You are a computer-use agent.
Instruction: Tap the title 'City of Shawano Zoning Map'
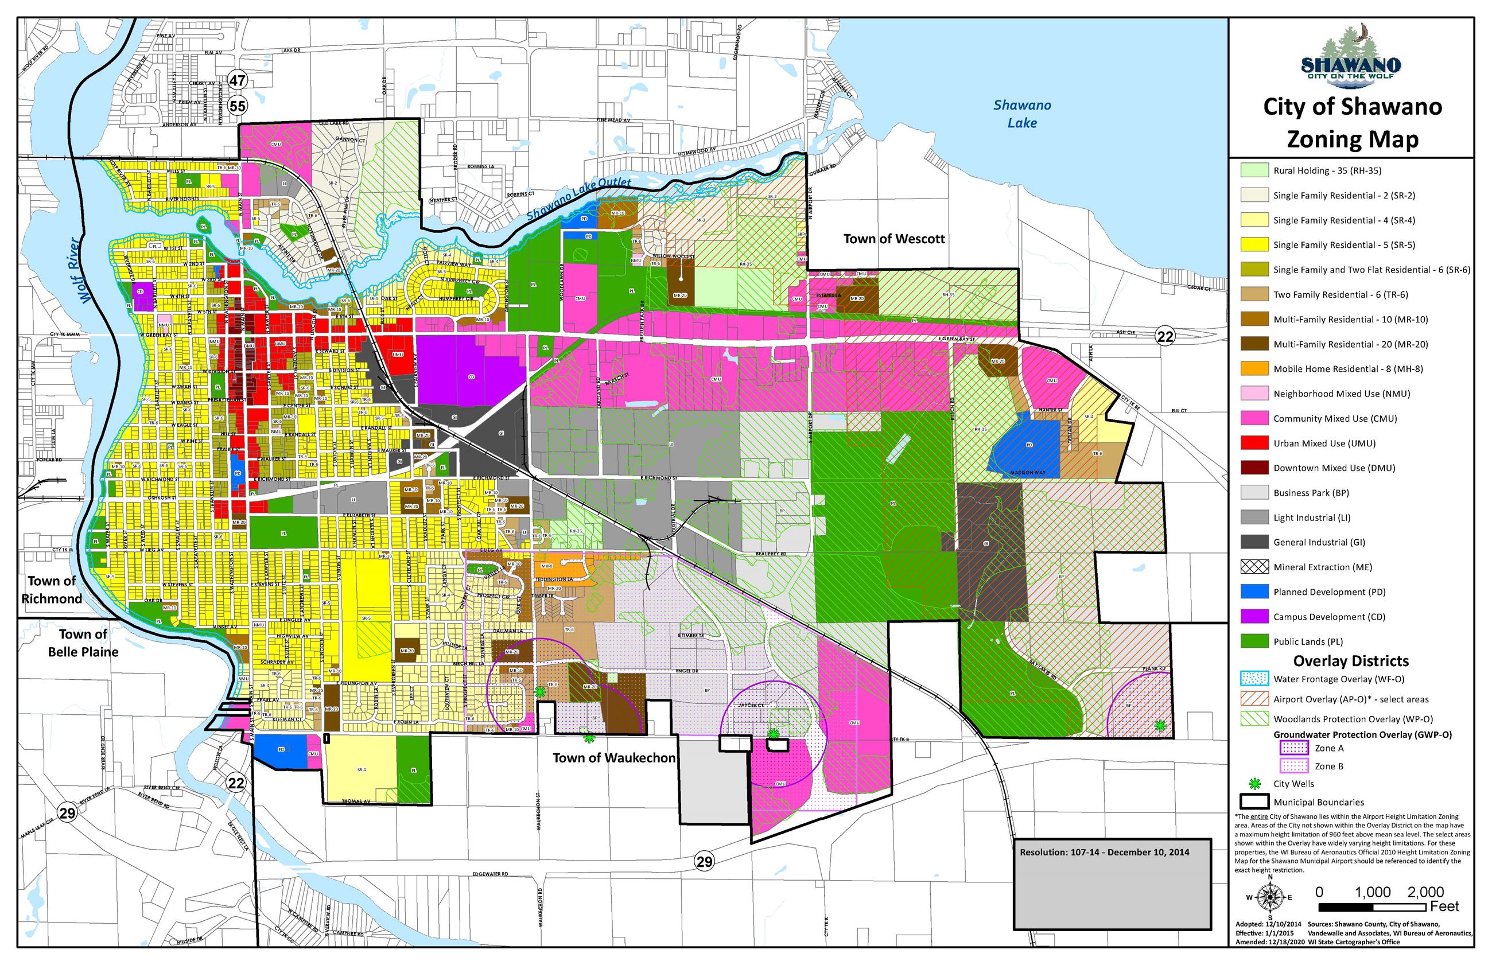(x=1351, y=122)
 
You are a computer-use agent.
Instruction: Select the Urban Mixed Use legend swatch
(x=1254, y=443)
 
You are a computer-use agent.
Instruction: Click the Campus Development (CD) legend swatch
(x=1254, y=617)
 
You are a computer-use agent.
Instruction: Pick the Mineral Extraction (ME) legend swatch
(x=1254, y=567)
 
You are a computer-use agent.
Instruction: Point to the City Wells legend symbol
(x=1254, y=783)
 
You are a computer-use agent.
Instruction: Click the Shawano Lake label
(x=1021, y=114)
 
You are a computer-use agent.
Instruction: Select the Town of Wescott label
(x=893, y=239)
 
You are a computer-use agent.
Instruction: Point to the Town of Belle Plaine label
(x=83, y=643)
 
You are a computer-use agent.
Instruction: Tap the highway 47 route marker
(x=238, y=80)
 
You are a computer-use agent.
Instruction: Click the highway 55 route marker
(x=238, y=106)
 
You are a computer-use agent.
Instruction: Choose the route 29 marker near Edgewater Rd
(x=704, y=862)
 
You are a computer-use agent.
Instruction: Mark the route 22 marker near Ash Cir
(x=1164, y=337)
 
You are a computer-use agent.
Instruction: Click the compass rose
(x=1269, y=897)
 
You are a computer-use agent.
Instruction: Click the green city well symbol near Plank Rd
(x=1160, y=726)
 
